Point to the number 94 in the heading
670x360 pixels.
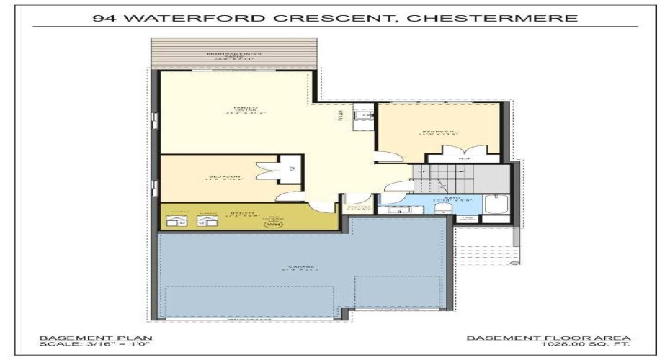pos(104,18)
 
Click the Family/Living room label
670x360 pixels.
pos(240,109)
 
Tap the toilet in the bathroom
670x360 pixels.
pos(445,208)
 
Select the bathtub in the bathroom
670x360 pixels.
pos(497,206)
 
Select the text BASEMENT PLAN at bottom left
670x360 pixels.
pos(74,338)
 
